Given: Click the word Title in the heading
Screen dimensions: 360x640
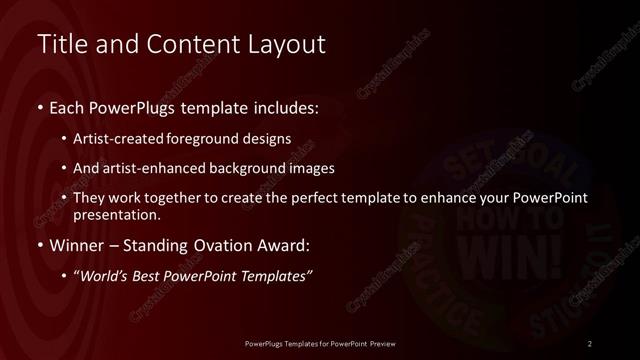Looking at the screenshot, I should pos(60,45).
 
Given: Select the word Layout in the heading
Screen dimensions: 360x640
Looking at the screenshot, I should pos(290,45).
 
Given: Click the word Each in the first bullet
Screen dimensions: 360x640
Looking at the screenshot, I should pos(67,106).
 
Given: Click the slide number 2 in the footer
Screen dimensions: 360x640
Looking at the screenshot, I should pos(590,344).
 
